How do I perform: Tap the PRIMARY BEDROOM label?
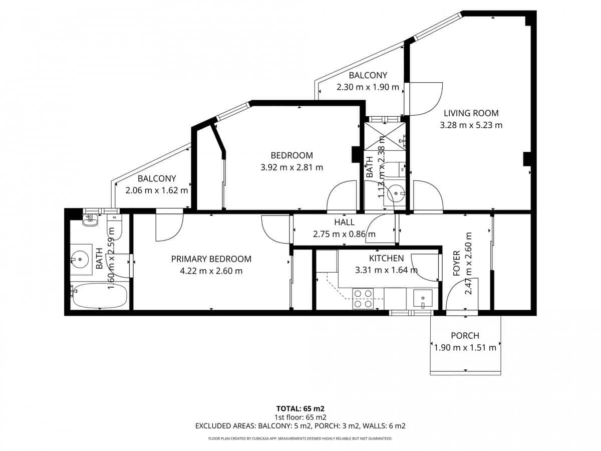(x=211, y=259)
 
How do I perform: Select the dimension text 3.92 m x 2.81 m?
(x=291, y=167)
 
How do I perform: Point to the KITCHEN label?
(x=386, y=259)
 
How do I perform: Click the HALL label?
(x=344, y=222)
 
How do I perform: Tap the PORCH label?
(x=465, y=336)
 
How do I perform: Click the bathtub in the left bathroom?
(x=99, y=297)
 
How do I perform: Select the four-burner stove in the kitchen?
(x=363, y=299)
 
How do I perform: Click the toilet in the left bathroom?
(x=90, y=219)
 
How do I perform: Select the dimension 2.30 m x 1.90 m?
(x=368, y=87)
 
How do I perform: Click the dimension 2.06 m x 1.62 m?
(x=157, y=190)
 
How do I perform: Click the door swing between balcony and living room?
(x=426, y=99)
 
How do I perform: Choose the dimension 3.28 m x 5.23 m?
(x=471, y=125)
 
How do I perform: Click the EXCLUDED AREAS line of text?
(x=300, y=426)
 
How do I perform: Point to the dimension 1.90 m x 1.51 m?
(x=465, y=348)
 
